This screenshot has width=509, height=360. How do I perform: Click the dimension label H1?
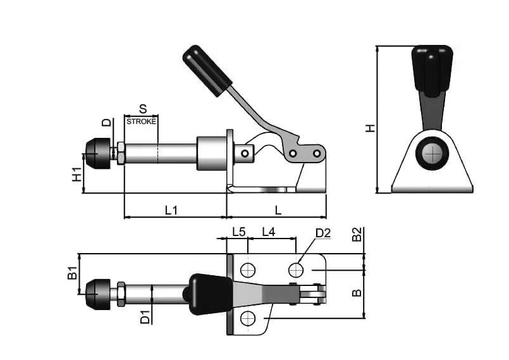77,174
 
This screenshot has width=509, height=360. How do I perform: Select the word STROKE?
141,121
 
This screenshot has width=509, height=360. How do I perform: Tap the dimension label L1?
171,211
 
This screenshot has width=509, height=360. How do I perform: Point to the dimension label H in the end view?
370,128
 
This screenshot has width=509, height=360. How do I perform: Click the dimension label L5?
238,232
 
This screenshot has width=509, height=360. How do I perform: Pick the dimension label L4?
269,232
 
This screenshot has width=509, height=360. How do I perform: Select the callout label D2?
322,233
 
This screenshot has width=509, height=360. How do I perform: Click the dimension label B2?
357,234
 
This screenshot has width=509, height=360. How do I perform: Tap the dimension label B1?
72,273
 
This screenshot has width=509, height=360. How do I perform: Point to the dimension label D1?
145,317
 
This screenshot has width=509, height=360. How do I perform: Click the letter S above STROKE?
143,109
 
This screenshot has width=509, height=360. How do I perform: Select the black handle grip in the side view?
207,70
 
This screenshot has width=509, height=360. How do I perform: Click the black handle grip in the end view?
432,71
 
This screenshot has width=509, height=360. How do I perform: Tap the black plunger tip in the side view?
98,154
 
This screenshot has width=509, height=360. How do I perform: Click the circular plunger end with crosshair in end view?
432,153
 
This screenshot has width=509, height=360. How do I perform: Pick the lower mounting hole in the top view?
248,318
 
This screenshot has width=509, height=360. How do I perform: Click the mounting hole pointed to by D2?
296,270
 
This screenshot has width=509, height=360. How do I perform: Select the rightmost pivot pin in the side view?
317,153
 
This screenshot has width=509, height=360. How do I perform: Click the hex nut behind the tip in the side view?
120,153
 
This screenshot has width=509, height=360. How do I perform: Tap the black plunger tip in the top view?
98,294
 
